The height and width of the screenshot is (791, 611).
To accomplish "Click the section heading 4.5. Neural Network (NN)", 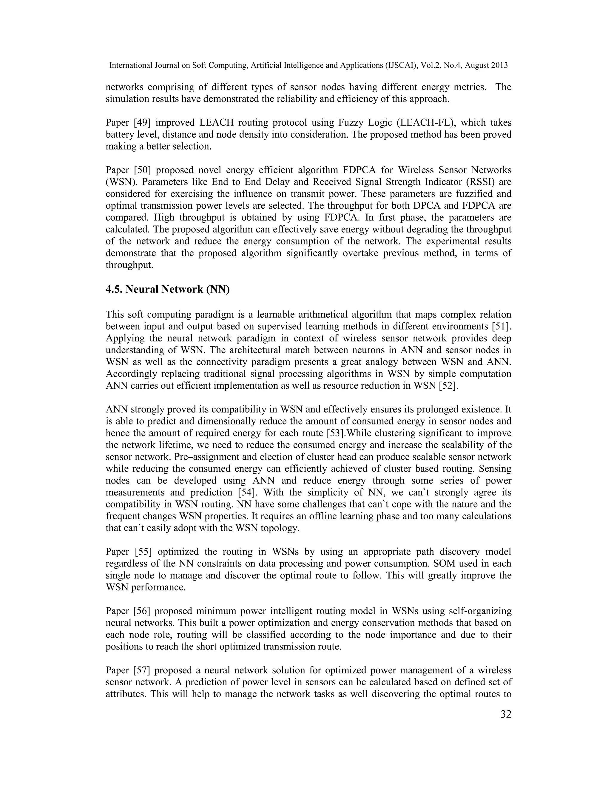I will click(x=168, y=289).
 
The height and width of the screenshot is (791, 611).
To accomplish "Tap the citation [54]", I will click(x=248, y=493).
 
